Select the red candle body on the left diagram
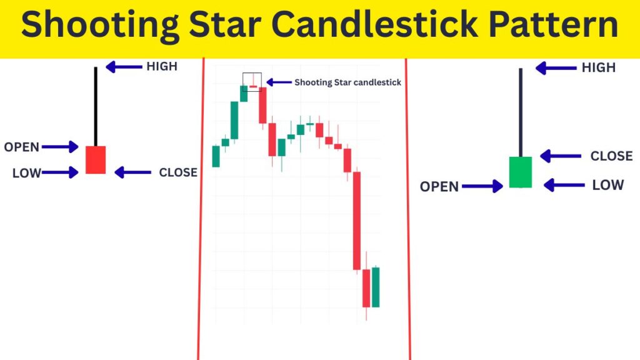(x=96, y=160)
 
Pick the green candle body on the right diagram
(x=520, y=172)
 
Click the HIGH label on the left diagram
(x=162, y=66)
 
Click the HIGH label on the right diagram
(x=598, y=67)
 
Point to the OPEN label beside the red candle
(x=21, y=147)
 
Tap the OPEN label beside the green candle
(x=439, y=186)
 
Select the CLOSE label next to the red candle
(x=178, y=172)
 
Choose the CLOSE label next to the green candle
(x=611, y=156)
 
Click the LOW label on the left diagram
(x=26, y=173)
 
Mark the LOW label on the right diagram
(x=607, y=185)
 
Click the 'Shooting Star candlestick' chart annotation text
(x=347, y=82)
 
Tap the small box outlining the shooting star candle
(x=252, y=82)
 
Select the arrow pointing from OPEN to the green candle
(x=482, y=186)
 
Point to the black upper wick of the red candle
(x=96, y=106)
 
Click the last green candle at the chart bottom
(x=376, y=287)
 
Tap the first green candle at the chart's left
(x=216, y=156)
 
